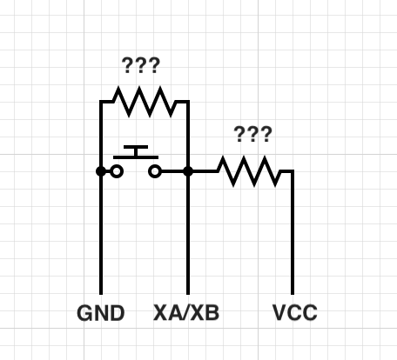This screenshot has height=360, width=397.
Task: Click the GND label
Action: (101, 313)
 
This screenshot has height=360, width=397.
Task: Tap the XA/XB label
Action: (186, 313)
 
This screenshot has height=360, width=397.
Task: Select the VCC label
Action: (295, 312)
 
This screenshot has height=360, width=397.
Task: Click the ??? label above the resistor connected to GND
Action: (141, 65)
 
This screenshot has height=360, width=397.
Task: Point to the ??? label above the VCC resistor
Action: (252, 134)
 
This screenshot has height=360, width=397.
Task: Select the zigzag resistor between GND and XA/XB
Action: (145, 102)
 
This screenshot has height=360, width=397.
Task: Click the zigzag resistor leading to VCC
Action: (249, 171)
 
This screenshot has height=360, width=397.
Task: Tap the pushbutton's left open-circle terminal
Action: (117, 171)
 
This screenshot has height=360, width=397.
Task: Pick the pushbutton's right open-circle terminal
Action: (155, 171)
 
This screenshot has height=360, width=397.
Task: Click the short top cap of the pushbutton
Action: (136, 147)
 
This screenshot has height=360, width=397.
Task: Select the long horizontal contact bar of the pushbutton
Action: (136, 157)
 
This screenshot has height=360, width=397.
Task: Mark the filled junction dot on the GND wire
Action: (101, 171)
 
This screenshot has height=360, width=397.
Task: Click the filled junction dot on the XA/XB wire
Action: (188, 171)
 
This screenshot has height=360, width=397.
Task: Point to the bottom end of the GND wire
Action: (101, 294)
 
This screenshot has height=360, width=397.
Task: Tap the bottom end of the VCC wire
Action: (293, 294)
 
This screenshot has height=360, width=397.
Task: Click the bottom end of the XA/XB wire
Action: (188, 294)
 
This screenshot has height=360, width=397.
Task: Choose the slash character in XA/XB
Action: (186, 313)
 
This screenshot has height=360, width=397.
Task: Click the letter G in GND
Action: (84, 313)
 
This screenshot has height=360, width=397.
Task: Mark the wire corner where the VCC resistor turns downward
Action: (293, 171)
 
